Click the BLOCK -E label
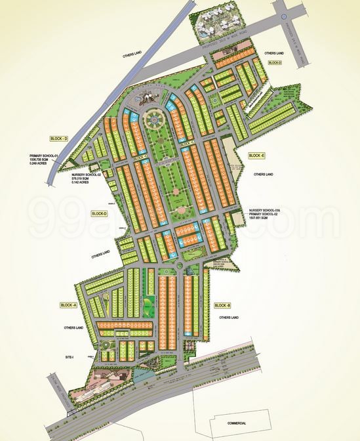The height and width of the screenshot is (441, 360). (256, 156)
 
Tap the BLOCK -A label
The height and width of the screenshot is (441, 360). (68, 306)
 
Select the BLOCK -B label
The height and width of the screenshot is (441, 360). (223, 306)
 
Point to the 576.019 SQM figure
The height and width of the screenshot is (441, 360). (84, 179)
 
